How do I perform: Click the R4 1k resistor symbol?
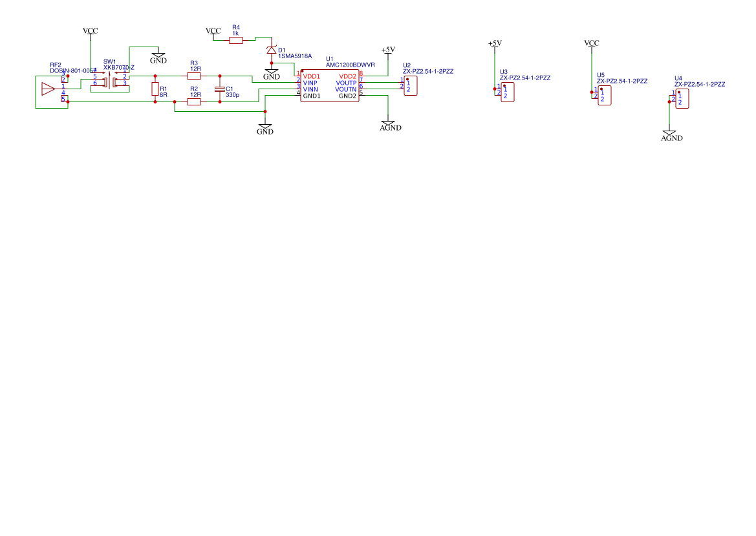point(236,40)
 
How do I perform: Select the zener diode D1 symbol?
point(272,50)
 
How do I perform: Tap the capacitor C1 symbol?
point(220,89)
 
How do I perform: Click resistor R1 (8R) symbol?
point(155,89)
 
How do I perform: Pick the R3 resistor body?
point(194,76)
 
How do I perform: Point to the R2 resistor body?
point(194,102)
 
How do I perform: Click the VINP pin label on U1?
point(310,83)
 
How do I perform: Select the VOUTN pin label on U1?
point(346,89)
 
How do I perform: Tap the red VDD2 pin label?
point(347,76)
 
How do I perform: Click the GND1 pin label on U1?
point(312,96)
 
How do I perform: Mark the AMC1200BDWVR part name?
point(350,65)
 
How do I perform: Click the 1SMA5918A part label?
point(295,56)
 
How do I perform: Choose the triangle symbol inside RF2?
point(48,89)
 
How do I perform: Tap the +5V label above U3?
point(495,43)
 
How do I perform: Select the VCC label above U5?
point(591,43)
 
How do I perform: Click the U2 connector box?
point(410,86)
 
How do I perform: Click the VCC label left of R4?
point(213,31)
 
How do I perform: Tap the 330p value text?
point(232,95)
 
